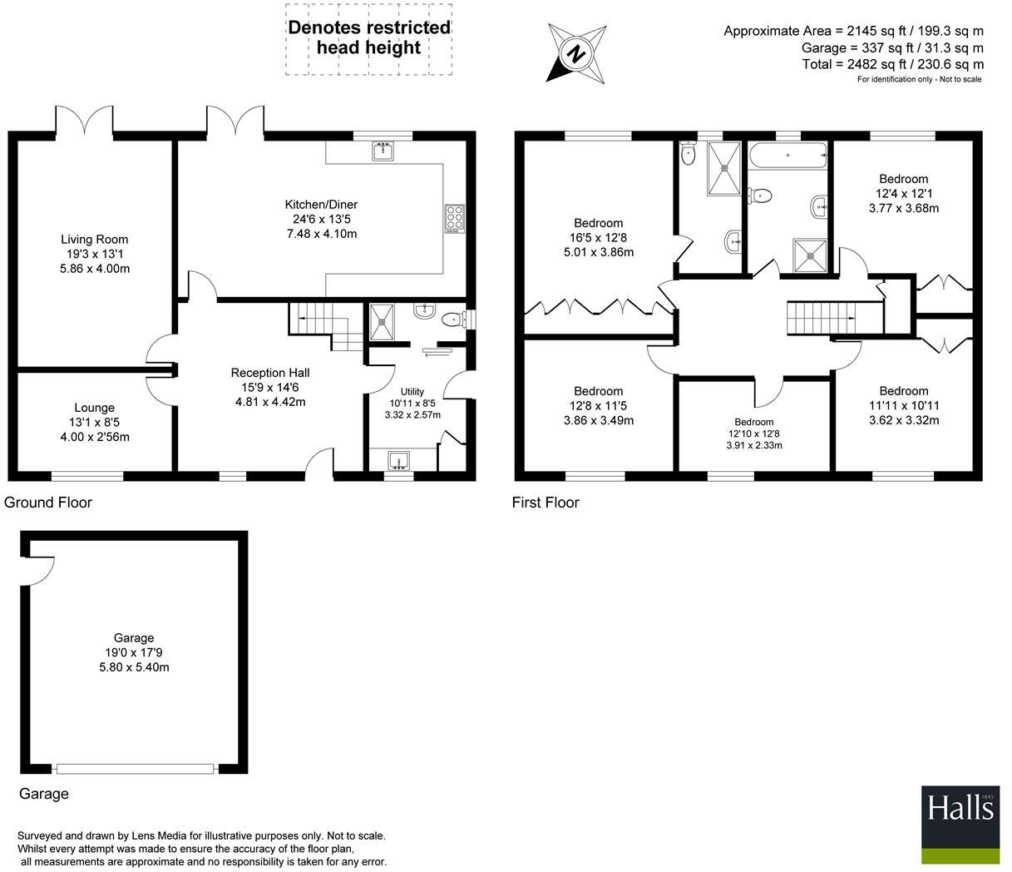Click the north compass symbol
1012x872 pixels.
pos(575,53)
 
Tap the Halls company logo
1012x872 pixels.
pos(960,823)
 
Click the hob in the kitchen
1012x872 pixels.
pos(454,219)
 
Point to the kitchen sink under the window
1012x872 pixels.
pos(384,151)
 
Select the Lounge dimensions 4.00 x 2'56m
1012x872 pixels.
pos(95,437)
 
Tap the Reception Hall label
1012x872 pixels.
pos(269,373)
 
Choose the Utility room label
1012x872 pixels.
pos(412,392)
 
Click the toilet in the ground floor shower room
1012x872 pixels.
pos(453,319)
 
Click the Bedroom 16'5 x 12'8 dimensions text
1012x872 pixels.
pos(598,238)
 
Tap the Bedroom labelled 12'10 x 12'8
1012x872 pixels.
pos(753,434)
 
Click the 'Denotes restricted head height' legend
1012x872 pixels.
pos(369,37)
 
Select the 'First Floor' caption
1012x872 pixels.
pos(545,503)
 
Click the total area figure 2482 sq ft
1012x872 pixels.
pos(892,64)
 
